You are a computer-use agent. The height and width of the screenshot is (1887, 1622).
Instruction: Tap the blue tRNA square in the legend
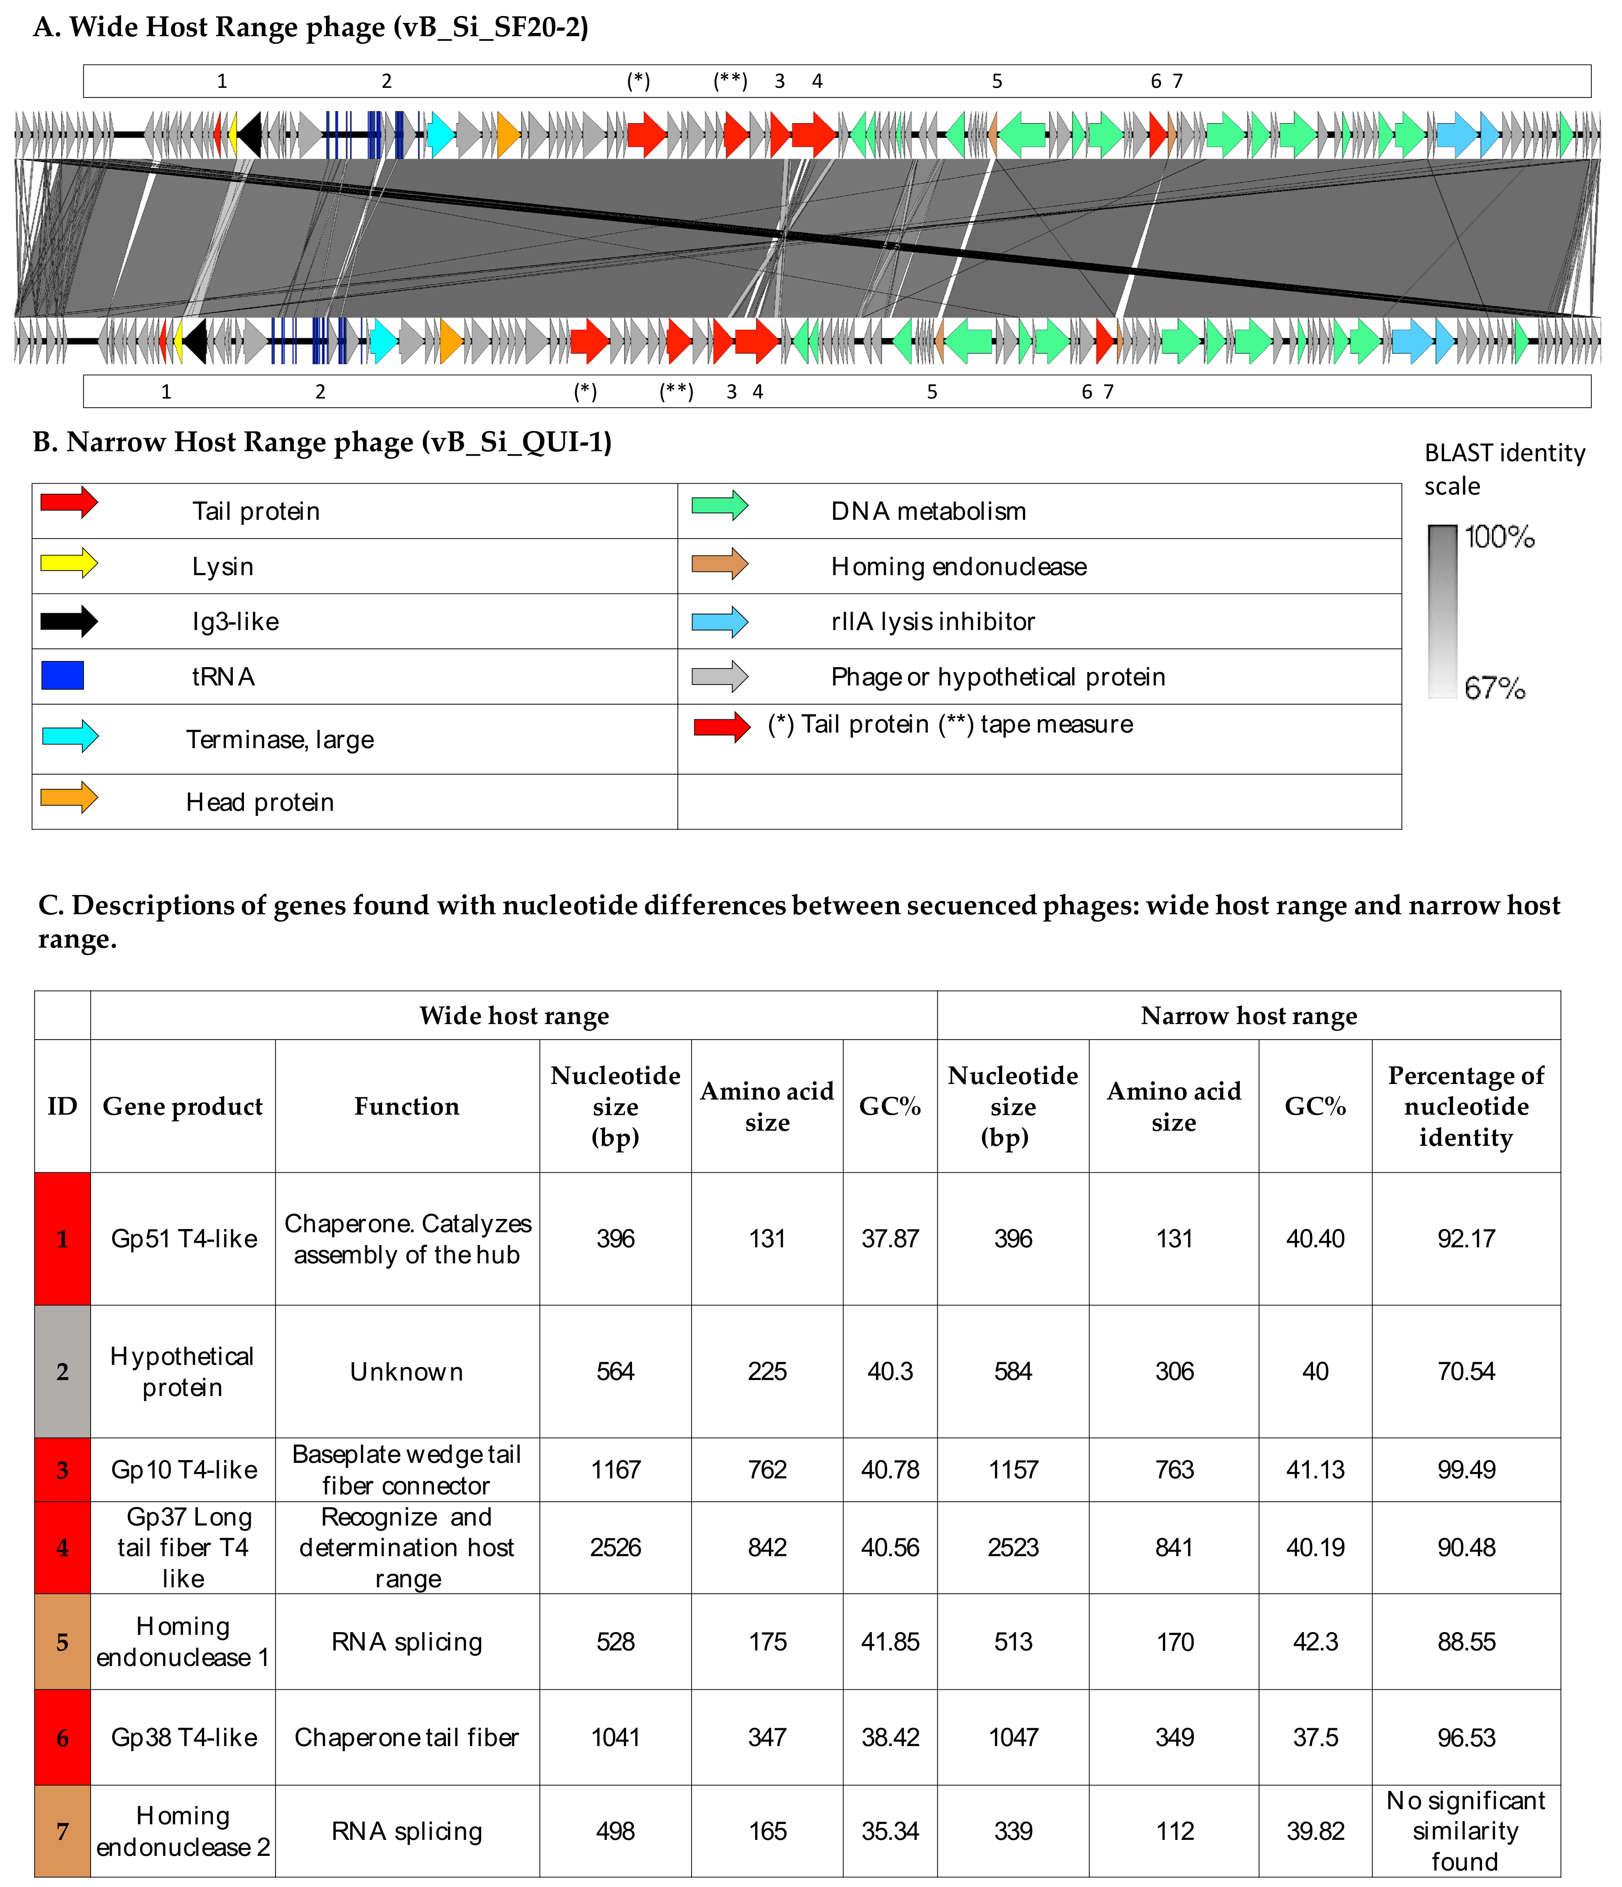pos(63,676)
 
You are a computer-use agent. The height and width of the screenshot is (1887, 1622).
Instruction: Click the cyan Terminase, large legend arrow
pos(70,736)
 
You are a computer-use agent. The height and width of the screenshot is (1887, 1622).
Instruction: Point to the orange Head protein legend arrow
pos(68,798)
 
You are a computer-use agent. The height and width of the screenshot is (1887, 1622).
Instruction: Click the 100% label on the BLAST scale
pos(1499,537)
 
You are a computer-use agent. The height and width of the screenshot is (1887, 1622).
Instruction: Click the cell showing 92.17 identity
pos(1465,1239)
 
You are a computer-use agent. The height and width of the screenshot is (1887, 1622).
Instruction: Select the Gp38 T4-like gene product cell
pos(183,1738)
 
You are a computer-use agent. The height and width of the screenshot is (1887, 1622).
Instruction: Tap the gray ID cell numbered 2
pos(62,1371)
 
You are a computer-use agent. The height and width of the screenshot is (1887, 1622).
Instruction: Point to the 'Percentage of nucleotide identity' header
pos(1465,1105)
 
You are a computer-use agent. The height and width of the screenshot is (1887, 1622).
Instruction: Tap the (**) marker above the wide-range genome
pos(730,81)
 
